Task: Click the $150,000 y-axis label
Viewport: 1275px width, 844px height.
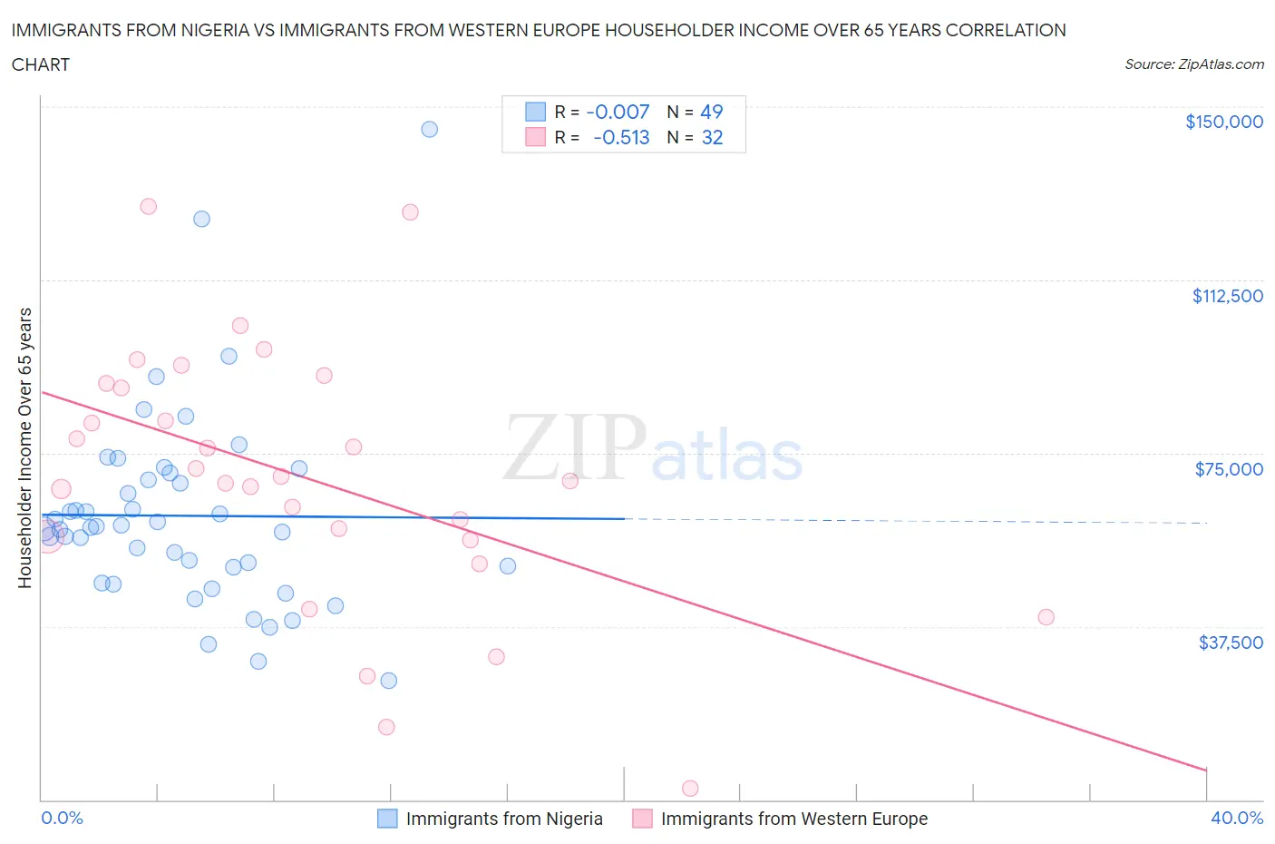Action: (x=1223, y=122)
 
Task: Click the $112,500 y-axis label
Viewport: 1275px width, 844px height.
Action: (x=1227, y=296)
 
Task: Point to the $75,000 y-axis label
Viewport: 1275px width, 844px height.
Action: (x=1229, y=469)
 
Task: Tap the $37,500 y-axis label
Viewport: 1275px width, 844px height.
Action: (x=1230, y=643)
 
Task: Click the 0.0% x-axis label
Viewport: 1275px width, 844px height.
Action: (x=62, y=818)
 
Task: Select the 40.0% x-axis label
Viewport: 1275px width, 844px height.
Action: (x=1237, y=818)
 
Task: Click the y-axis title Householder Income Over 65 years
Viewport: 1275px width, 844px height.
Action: (x=25, y=447)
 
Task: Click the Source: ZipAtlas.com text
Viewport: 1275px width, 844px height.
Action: (x=1193, y=64)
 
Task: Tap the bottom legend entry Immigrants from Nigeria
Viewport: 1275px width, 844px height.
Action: (x=503, y=819)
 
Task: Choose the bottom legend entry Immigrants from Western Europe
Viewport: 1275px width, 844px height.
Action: (x=793, y=819)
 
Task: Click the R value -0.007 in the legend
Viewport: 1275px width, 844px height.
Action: (x=618, y=112)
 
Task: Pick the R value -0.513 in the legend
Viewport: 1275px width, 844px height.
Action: (x=621, y=137)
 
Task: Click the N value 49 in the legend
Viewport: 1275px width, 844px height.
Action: (x=712, y=112)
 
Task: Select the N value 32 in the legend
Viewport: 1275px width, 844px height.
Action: (x=712, y=137)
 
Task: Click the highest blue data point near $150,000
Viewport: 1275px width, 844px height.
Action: (x=429, y=129)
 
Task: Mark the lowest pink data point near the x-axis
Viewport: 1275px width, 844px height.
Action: (x=689, y=789)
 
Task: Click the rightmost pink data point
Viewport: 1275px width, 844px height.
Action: (x=1046, y=617)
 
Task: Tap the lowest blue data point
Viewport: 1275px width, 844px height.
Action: (x=388, y=681)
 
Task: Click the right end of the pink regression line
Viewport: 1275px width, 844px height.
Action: (x=1206, y=770)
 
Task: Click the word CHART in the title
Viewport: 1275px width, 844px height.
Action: (x=41, y=64)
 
